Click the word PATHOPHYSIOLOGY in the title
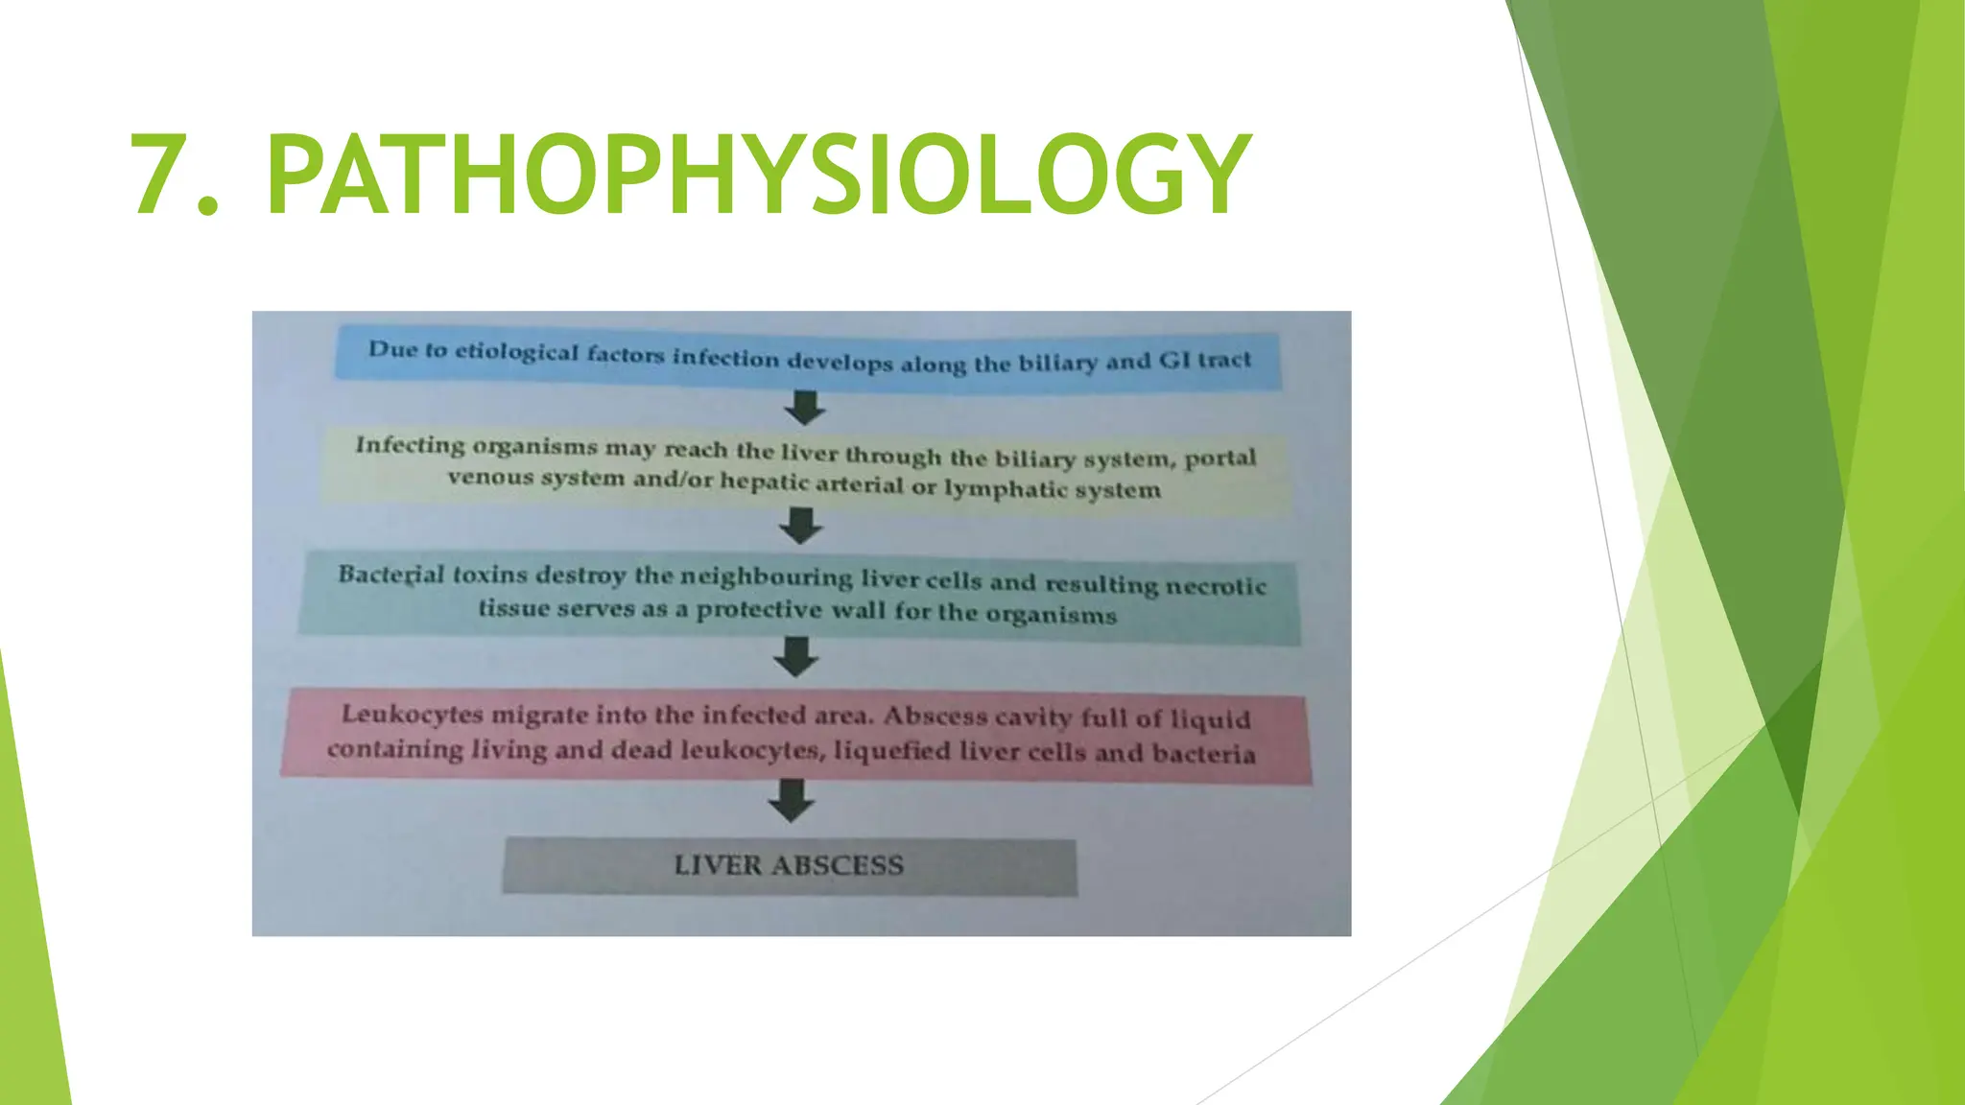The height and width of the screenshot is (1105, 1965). (758, 175)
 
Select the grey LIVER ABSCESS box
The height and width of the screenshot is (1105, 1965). (789, 865)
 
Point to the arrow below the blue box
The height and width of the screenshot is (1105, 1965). (804, 407)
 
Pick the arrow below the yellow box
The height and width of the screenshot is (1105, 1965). (801, 526)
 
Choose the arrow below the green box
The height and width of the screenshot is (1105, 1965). (796, 658)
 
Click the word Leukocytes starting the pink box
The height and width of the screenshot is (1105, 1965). (412, 715)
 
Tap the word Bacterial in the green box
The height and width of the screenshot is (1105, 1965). (391, 575)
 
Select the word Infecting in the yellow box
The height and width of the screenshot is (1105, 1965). (410, 445)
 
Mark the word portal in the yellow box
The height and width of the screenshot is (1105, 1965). (1219, 458)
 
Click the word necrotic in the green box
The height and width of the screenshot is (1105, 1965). (1219, 585)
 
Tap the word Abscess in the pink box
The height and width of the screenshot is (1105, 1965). (922, 717)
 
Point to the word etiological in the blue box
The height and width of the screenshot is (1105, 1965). (516, 352)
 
